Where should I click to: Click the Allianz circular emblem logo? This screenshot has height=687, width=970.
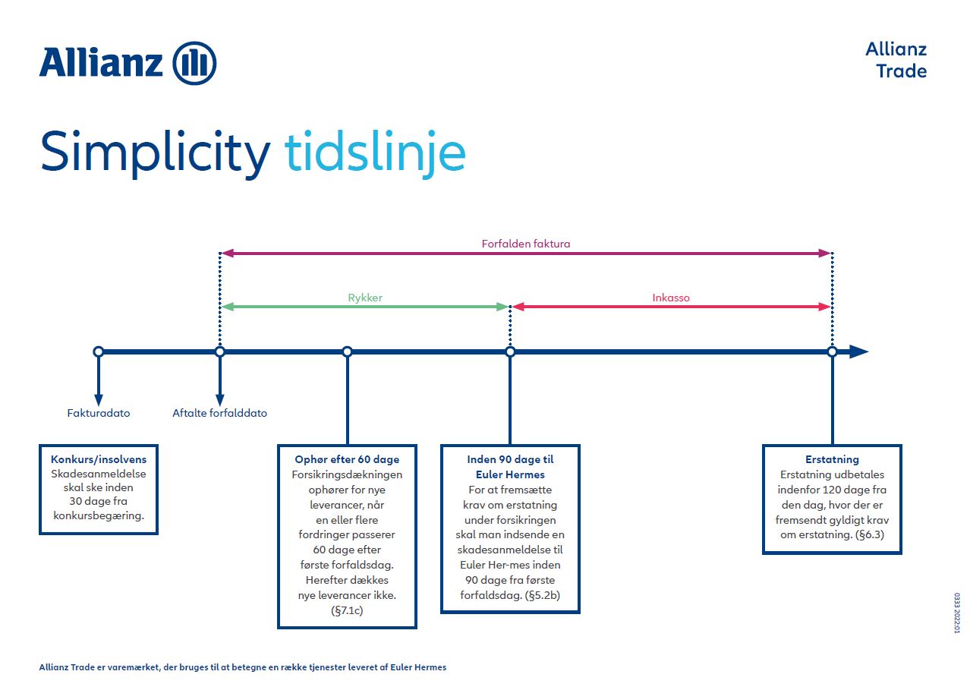(x=195, y=63)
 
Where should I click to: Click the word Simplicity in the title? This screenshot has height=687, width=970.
(x=155, y=152)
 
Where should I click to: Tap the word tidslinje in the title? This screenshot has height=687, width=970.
(x=375, y=152)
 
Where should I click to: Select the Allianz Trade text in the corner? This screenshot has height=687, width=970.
(x=896, y=60)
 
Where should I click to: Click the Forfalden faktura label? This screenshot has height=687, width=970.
(x=525, y=244)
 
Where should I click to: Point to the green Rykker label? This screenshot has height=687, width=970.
(x=364, y=298)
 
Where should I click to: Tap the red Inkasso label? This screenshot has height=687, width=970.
(x=671, y=298)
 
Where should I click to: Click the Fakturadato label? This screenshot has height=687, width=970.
(x=99, y=414)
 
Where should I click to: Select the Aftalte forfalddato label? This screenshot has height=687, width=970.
(x=220, y=414)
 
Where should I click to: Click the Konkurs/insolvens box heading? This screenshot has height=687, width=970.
(x=99, y=459)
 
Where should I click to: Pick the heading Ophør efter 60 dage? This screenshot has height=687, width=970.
(x=347, y=459)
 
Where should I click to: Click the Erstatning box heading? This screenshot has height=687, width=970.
(x=832, y=459)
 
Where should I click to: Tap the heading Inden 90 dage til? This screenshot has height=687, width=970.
(x=510, y=459)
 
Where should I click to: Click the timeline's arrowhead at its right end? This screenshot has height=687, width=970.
(x=858, y=351)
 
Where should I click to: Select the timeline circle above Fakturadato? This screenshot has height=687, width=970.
(x=98, y=351)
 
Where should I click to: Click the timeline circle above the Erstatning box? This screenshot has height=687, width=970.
(x=832, y=351)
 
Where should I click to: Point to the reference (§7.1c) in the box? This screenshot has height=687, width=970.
(x=347, y=610)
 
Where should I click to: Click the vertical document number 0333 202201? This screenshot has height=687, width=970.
(x=956, y=613)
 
